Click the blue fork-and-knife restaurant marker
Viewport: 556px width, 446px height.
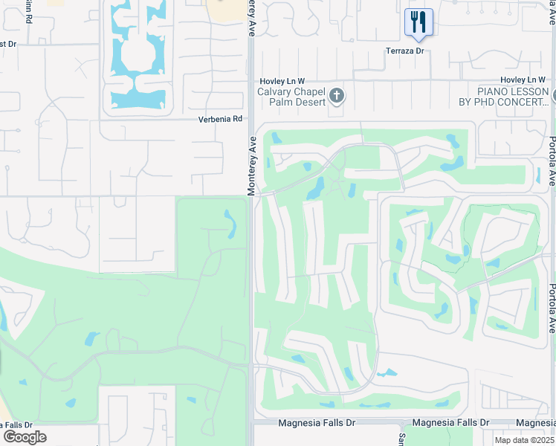point(418,23)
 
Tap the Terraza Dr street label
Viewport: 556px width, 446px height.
point(404,51)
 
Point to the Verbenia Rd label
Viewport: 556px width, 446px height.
point(220,119)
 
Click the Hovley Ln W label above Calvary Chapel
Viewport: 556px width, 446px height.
point(282,80)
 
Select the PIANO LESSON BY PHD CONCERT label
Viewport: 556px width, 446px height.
point(502,96)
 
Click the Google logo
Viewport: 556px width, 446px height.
point(25,437)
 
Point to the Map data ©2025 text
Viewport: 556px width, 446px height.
point(525,440)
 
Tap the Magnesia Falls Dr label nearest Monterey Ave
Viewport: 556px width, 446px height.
point(317,422)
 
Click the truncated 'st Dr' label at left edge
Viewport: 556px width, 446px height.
point(7,44)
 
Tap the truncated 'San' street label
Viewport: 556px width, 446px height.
point(400,439)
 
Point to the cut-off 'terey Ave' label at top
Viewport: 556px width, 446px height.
point(251,13)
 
